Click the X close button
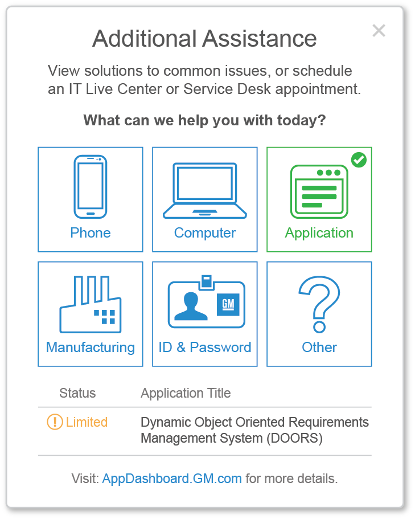(379, 31)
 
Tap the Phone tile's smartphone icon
(90, 186)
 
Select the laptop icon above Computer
(205, 190)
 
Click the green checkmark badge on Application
(359, 160)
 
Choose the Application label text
(319, 233)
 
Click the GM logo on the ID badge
(228, 304)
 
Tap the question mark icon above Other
(319, 304)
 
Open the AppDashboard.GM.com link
(172, 479)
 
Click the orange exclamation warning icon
(55, 422)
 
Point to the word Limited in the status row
(87, 422)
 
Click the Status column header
(77, 393)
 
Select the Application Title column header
(186, 393)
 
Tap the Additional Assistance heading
(204, 39)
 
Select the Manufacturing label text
(91, 348)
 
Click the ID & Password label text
(205, 348)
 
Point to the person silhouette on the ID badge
(191, 306)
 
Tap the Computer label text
(205, 233)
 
